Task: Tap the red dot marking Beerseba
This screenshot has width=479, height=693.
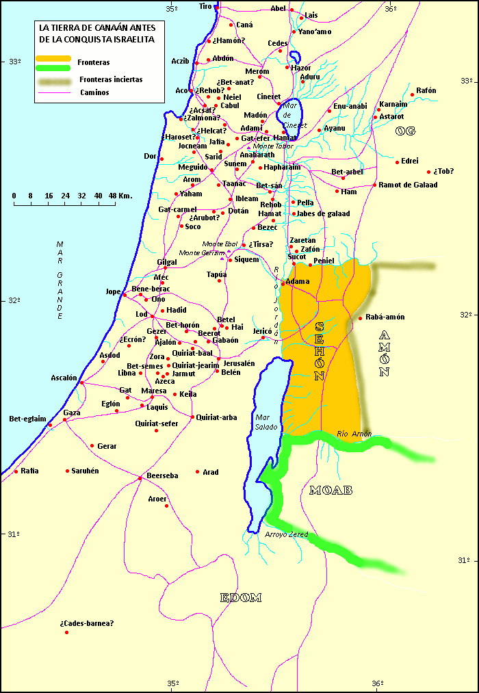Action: click(x=140, y=478)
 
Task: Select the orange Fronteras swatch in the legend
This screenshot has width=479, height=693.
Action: click(x=53, y=58)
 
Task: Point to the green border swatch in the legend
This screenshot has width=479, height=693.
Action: click(x=53, y=68)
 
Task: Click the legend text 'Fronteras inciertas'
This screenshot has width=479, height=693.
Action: click(x=110, y=79)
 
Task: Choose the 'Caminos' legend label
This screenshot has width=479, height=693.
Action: click(x=94, y=92)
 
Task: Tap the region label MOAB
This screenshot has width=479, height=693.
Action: click(x=331, y=491)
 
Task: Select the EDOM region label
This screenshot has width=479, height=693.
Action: click(x=241, y=598)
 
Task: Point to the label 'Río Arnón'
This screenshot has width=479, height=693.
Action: click(x=354, y=434)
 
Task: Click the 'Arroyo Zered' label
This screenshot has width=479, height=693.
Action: click(x=287, y=534)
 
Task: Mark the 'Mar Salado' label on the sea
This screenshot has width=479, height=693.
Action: click(x=266, y=421)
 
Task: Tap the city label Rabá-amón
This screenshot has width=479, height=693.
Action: click(x=385, y=317)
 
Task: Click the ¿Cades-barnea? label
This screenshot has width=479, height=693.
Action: click(x=86, y=623)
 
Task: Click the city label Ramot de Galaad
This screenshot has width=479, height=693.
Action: click(x=408, y=185)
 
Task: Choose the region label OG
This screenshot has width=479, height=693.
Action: click(x=405, y=131)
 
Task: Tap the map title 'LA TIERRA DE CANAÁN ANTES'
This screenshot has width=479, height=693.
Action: click(x=97, y=28)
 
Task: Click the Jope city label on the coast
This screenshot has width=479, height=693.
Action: click(x=113, y=291)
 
